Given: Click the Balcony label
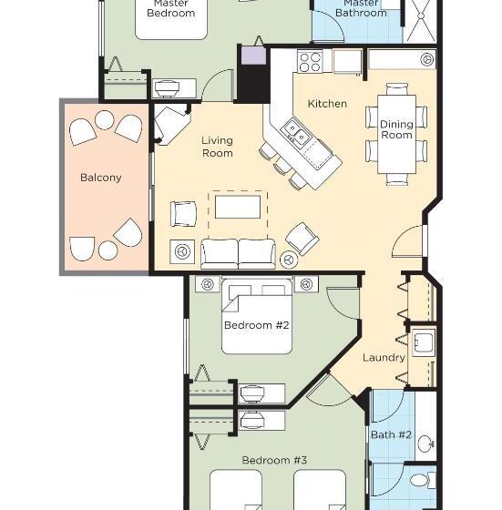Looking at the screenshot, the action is tap(100, 178).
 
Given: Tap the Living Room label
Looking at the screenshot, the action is tap(218, 147).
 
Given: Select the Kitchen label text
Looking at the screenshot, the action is tap(327, 104).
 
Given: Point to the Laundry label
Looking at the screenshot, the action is tap(384, 358).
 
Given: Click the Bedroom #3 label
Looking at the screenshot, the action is tap(274, 460).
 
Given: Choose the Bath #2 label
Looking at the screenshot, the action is tap(391, 435).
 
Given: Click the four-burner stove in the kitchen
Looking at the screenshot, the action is tap(310, 62).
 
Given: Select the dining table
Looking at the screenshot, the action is tap(396, 134).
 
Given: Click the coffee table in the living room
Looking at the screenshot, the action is tap(238, 207).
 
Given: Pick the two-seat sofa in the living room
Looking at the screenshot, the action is tap(238, 254).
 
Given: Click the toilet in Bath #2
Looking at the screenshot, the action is tap(423, 480).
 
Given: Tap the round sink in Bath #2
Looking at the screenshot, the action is tap(425, 444).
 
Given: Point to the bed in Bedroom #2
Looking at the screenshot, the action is tap(257, 316).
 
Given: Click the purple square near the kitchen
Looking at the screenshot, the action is tap(253, 56).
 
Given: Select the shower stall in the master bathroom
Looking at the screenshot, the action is tap(421, 20).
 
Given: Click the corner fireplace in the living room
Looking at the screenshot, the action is tap(170, 125).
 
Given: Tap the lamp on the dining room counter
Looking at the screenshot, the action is tap(427, 59).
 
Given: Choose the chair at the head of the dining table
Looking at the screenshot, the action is tap(397, 89).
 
